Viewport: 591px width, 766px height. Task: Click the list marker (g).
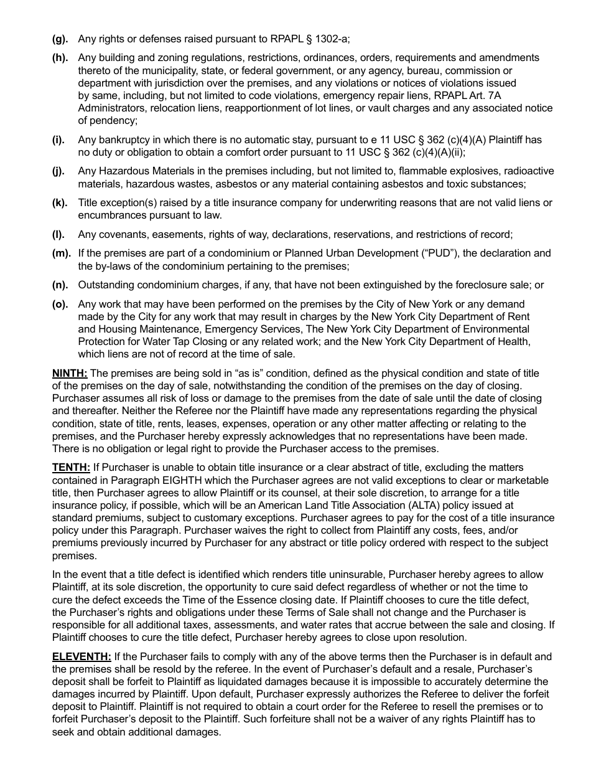pyautogui.click(x=60, y=39)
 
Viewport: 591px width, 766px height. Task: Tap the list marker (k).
pyautogui.click(x=60, y=203)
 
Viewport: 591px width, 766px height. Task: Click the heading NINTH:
pyautogui.click(x=70, y=374)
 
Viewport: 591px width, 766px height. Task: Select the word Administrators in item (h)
pyautogui.click(x=111, y=108)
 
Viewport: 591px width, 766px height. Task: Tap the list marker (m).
pyautogui.click(x=61, y=253)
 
